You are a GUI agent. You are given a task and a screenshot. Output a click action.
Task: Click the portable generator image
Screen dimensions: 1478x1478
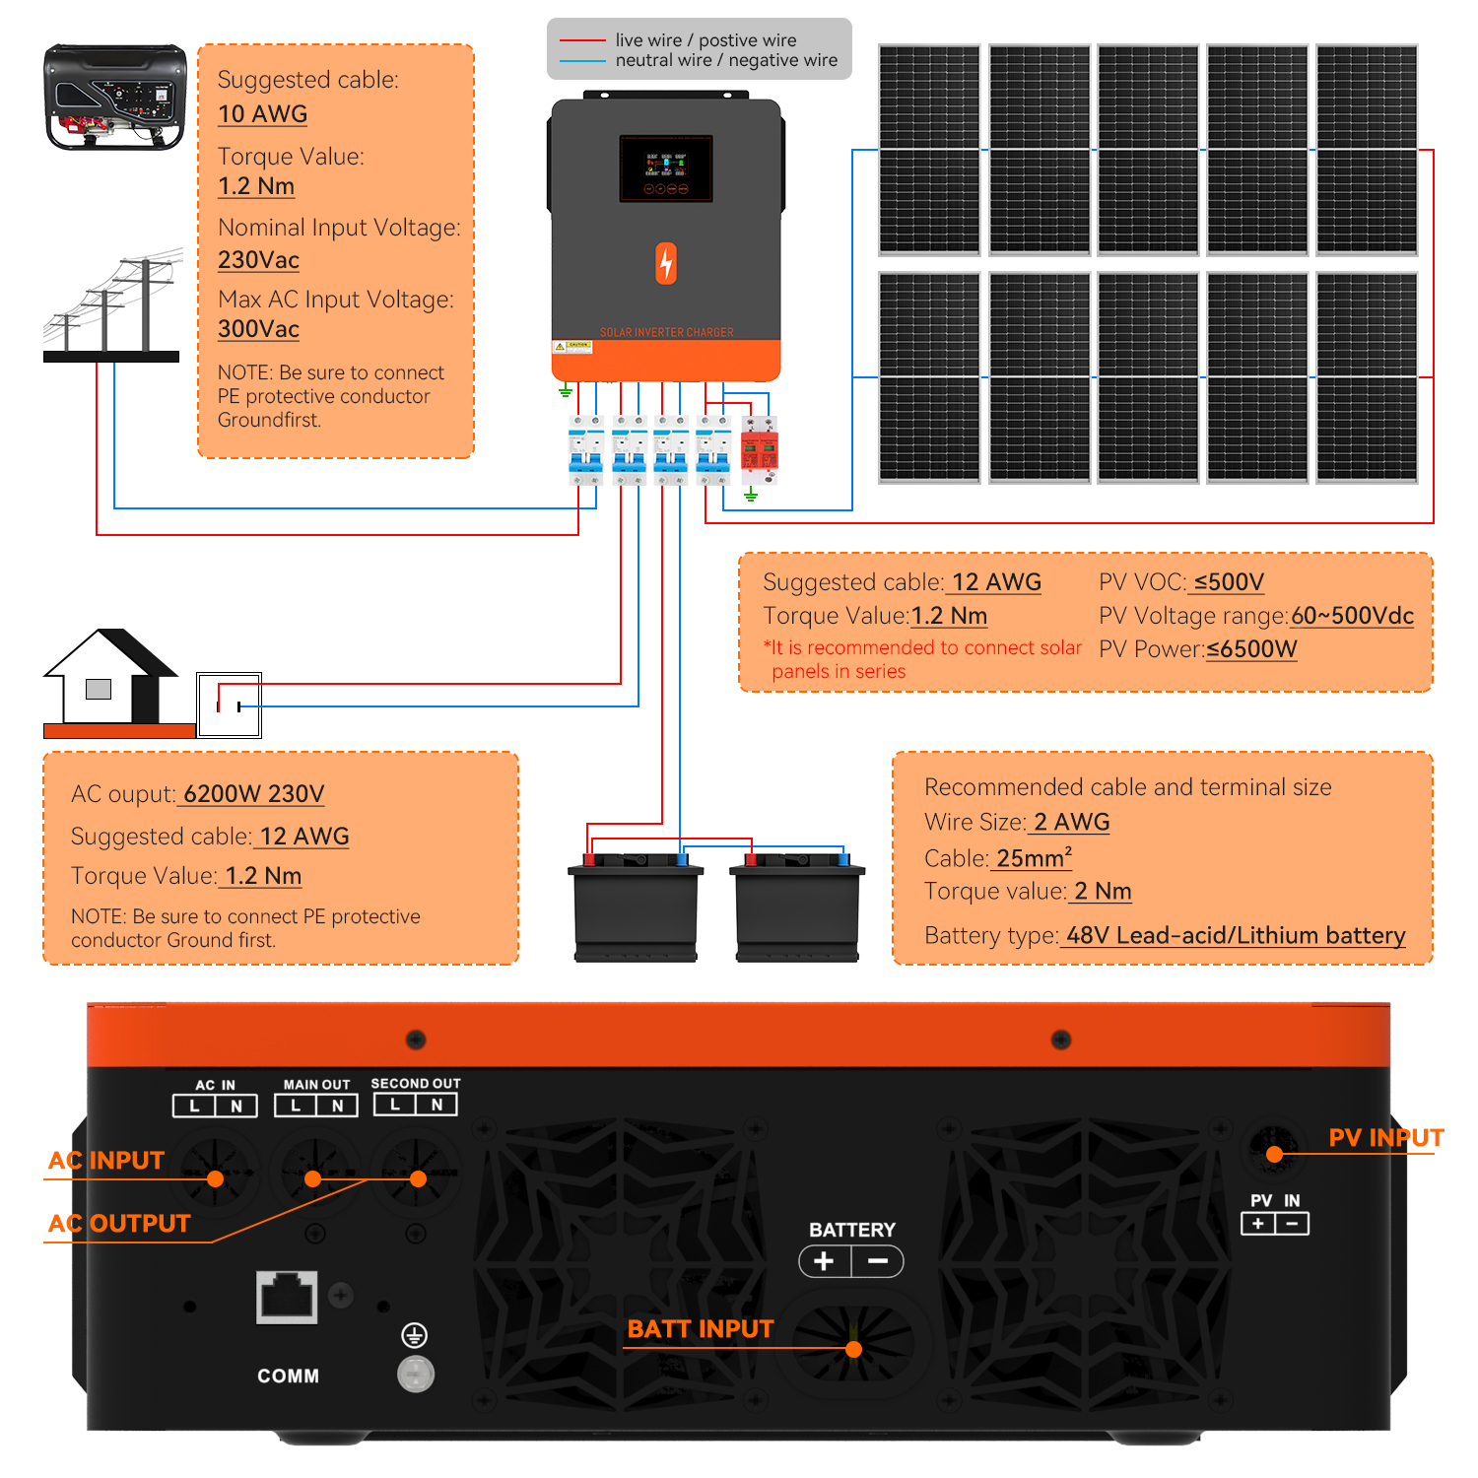[114, 97]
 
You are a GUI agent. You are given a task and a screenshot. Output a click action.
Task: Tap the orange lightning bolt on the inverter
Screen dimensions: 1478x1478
[666, 263]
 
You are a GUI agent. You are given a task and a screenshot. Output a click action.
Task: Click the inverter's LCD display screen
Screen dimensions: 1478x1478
[666, 168]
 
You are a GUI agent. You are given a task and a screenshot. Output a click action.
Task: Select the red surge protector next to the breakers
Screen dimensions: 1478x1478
[759, 451]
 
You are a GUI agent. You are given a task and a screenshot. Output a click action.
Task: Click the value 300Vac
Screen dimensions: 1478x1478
[258, 329]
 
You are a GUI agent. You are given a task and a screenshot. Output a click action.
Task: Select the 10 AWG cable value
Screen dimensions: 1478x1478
[262, 114]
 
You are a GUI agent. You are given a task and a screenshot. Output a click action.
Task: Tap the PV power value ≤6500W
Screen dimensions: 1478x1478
[1251, 649]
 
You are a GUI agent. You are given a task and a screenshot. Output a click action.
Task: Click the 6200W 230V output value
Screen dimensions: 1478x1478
[253, 794]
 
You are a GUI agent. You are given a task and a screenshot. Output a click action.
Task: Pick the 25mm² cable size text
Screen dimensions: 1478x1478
[1034, 858]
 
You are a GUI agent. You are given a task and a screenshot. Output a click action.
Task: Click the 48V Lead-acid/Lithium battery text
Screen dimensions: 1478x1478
[1236, 935]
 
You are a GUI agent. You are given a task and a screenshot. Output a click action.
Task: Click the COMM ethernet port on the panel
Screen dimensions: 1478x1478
[287, 1297]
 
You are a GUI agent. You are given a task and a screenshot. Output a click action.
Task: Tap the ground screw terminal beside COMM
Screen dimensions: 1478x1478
[415, 1373]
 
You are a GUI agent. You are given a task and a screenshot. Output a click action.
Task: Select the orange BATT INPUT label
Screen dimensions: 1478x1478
[701, 1329]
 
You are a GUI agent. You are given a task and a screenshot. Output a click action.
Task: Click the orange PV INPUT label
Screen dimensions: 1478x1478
[1385, 1138]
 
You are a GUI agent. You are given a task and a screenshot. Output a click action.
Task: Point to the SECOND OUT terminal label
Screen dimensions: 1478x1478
[415, 1084]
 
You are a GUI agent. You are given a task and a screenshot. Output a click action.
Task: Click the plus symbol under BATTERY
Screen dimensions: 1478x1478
[825, 1261]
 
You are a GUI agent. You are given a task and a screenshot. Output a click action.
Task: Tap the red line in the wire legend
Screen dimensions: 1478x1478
[582, 40]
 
